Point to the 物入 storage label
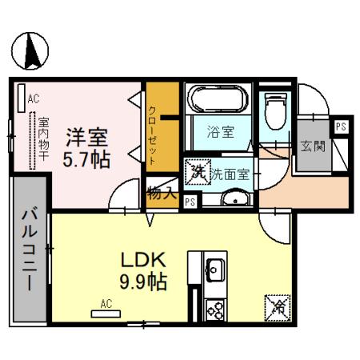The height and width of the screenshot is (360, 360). [162, 192]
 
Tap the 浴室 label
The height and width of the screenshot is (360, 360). [220, 132]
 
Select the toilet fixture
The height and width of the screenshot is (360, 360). [274, 110]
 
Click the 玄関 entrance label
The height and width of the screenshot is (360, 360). [313, 146]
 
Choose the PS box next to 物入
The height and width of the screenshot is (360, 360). [190, 202]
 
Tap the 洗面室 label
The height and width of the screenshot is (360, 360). [230, 171]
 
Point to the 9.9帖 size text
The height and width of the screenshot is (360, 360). [145, 284]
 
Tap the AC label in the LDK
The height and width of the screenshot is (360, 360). [106, 304]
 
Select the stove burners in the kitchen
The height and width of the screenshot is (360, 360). [216, 309]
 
